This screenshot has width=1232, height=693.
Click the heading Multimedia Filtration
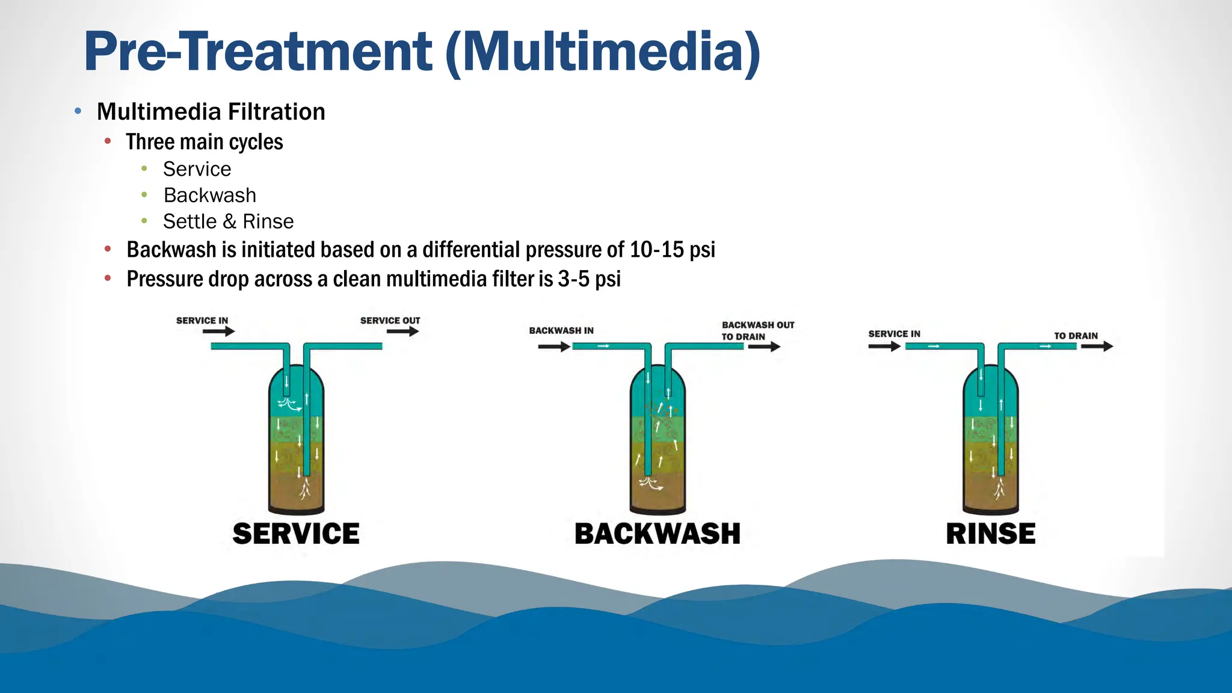[x=211, y=112]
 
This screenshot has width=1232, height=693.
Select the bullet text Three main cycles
[x=205, y=142]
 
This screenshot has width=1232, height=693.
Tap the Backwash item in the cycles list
[x=209, y=196]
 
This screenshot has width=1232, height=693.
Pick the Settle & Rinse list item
[x=228, y=221]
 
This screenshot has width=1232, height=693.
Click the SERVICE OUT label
[x=390, y=321]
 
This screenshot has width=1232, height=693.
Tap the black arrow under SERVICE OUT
[x=402, y=331]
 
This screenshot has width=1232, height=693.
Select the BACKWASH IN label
[x=561, y=330]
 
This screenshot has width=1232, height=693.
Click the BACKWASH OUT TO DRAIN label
[x=757, y=331]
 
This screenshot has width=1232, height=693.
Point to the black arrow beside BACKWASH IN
[x=553, y=346]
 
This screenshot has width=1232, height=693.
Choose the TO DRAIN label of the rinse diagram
[x=1076, y=336]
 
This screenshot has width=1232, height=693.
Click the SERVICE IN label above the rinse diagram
[x=894, y=334]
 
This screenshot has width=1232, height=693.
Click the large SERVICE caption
[x=296, y=534]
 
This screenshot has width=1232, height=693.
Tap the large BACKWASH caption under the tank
[x=657, y=534]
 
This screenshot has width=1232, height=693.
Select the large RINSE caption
[x=990, y=534]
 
